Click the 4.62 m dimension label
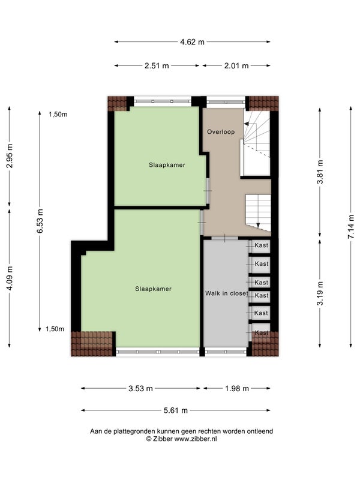coord(192,42)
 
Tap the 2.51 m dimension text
coord(157,65)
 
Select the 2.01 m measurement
coord(236,65)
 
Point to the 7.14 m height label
coord(351,226)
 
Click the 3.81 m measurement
coord(320,172)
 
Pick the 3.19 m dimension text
coord(320,293)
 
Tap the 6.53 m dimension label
coord(40,221)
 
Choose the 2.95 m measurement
coord(10,155)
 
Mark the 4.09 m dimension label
coord(10,278)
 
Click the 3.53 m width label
coord(140,388)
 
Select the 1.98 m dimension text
coord(237,388)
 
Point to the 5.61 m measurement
coord(175,410)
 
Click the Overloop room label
coord(221,132)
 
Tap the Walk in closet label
coord(227,293)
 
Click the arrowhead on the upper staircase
coord(246,124)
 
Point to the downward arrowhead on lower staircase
coord(258,226)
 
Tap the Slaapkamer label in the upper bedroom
coord(167,165)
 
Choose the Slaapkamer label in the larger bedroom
coord(154,289)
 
